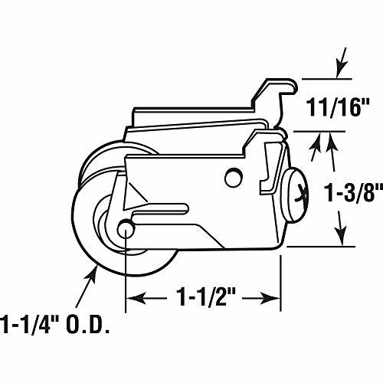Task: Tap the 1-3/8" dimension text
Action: [x=354, y=192]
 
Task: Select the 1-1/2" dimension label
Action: [x=205, y=297]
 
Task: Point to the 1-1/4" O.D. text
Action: [x=55, y=325]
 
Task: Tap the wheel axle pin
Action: [x=126, y=228]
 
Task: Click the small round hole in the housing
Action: [x=234, y=178]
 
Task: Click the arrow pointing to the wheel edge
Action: [x=87, y=286]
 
